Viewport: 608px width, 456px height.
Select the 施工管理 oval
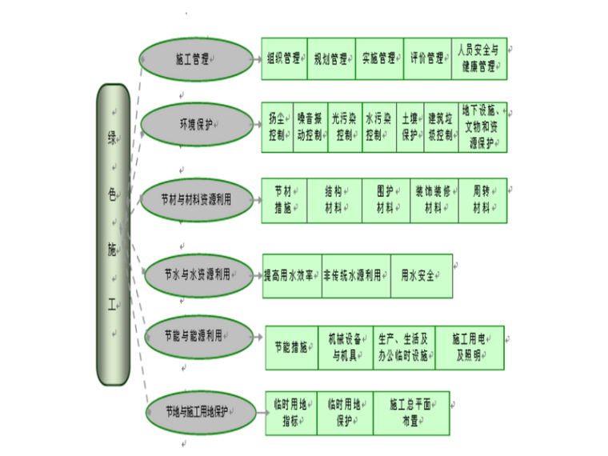194,59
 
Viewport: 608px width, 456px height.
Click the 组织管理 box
284,58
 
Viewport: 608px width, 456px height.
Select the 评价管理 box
427,58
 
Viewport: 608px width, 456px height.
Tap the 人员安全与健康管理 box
479,58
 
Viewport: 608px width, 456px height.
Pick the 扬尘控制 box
276,126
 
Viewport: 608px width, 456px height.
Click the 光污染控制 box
345,126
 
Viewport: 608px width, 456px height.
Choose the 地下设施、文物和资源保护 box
482,126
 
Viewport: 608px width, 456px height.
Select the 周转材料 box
482,200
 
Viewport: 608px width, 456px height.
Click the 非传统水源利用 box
356,275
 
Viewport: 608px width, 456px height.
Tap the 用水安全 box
421,275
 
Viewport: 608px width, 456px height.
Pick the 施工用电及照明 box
470,347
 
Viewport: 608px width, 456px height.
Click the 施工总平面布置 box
411,413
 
